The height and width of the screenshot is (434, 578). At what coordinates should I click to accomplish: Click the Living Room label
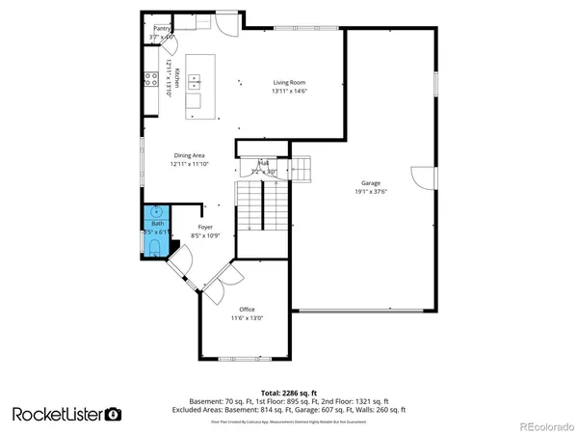tap(289, 83)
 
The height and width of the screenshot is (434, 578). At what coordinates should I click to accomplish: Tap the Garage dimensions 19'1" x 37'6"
tap(371, 191)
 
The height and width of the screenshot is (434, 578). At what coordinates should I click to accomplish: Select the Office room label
tap(247, 309)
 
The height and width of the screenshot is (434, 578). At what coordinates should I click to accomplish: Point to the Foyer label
tap(193, 228)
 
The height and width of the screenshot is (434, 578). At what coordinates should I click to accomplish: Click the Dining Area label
tap(189, 155)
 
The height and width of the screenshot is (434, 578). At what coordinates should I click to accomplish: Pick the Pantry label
tap(162, 29)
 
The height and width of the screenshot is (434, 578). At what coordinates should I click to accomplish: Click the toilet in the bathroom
tap(156, 248)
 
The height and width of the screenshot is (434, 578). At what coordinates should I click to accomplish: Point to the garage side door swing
tap(421, 178)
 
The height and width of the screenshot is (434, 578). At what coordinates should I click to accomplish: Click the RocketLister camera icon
tap(114, 414)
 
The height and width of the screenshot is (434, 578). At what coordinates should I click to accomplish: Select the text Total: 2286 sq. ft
tap(289, 393)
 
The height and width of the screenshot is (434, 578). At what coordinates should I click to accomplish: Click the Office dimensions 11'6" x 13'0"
tap(247, 317)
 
